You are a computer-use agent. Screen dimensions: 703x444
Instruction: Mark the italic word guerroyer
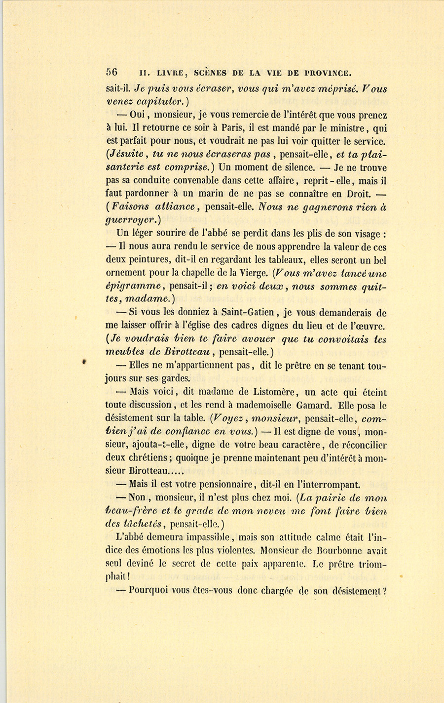(128, 220)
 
